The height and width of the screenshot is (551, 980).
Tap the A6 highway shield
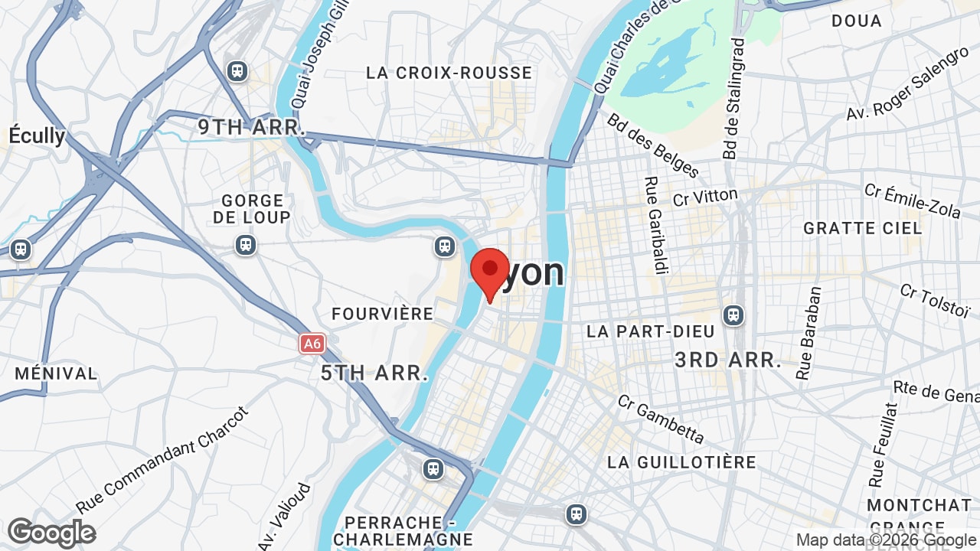(312, 344)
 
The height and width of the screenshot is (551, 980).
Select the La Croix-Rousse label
(449, 73)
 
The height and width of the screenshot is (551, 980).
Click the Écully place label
(36, 136)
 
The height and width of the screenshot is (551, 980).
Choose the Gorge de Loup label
(252, 209)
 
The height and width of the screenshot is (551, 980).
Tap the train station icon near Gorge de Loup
(245, 245)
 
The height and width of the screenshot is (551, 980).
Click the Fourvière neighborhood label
(382, 314)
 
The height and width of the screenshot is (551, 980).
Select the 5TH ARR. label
(374, 373)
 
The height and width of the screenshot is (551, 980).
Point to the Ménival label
(56, 374)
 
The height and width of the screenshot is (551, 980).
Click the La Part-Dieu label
(650, 331)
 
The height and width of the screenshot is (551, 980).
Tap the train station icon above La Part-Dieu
(733, 315)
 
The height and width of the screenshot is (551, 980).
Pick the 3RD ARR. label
(728, 360)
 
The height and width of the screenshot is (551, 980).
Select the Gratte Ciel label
(863, 228)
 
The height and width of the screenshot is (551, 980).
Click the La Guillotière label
(681, 462)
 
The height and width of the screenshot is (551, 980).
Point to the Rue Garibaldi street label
(653, 226)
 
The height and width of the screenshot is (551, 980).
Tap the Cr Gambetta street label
(661, 419)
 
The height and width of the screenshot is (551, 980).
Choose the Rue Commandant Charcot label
(162, 461)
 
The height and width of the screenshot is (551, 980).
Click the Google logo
(51, 533)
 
